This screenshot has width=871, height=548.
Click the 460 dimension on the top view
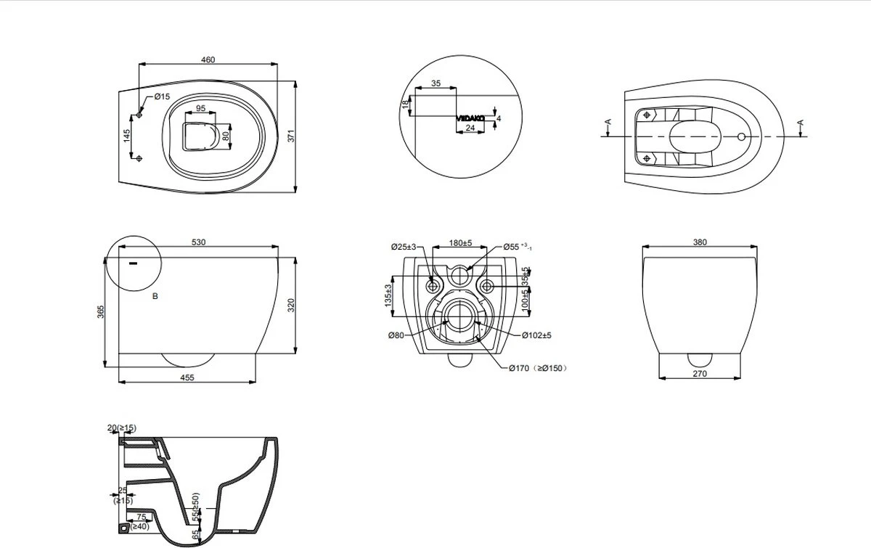[x=208, y=60]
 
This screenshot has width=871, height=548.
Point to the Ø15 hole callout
[x=161, y=97]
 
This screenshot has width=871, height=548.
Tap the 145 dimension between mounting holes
[x=126, y=136]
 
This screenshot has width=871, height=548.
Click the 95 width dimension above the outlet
[x=201, y=108]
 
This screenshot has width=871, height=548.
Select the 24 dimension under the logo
[x=470, y=128]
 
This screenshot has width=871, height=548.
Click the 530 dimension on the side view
[x=198, y=242]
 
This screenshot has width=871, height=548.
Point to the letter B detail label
[x=155, y=296]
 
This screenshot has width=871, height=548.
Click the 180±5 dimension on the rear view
[x=460, y=243]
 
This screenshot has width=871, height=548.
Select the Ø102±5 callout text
[x=536, y=335]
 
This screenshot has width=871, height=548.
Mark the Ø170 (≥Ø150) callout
[x=537, y=368]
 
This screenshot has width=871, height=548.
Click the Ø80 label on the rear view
[x=396, y=335]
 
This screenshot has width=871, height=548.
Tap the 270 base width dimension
[x=699, y=375]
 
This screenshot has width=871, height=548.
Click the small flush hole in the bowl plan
[x=740, y=136]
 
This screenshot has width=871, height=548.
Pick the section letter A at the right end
[x=801, y=123]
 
